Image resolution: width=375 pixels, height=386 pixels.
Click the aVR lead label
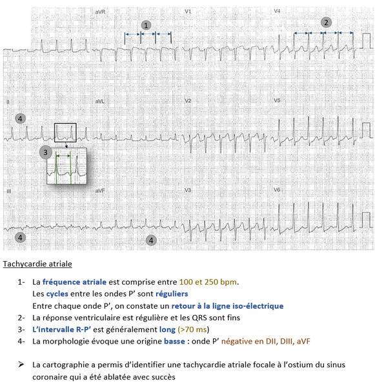pos(100,12)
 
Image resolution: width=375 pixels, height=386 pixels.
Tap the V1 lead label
pos(188,12)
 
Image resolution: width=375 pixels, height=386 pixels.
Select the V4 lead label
pos(277,11)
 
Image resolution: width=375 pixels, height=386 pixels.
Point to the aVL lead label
pos(99,101)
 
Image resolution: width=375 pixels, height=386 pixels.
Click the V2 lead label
pos(188,101)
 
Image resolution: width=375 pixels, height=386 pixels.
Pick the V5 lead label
pos(277,101)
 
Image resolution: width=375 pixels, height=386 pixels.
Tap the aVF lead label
pos(100,191)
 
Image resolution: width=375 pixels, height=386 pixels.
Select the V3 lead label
pos(188,190)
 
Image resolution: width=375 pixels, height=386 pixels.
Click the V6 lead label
pos(277,190)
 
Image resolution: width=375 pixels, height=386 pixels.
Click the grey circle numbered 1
pos(146,25)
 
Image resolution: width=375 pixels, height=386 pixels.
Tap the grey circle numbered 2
pos(326,23)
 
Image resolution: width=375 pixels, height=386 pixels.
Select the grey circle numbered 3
pos(45,152)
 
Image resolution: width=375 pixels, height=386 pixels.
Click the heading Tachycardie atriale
pos(37,264)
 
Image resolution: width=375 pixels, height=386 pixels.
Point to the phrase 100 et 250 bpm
pos(208,282)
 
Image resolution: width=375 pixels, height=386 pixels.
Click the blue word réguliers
pos(172,294)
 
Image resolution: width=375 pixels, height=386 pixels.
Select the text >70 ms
pos(193,329)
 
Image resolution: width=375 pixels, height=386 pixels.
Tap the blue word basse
pos(174,341)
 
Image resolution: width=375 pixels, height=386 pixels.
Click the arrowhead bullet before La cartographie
pos(21,364)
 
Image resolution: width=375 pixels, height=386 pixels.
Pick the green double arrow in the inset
pos(63,156)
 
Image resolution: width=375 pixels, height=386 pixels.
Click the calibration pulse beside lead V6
pos(367,220)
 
